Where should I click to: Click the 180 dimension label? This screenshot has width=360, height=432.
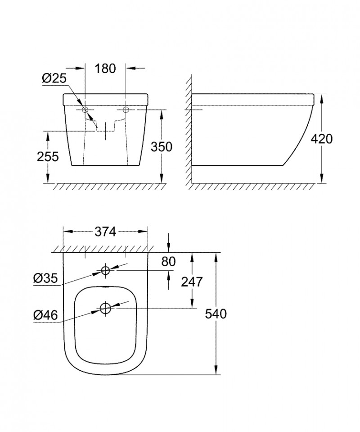(x=106, y=68)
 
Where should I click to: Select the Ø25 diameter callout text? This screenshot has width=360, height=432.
(x=54, y=78)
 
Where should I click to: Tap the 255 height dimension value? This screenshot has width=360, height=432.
(x=48, y=156)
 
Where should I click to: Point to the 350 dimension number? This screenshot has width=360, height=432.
(x=162, y=147)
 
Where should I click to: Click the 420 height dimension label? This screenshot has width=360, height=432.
(x=322, y=139)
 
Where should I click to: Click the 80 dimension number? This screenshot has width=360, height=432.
(x=168, y=261)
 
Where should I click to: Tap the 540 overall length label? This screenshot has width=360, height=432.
(x=216, y=314)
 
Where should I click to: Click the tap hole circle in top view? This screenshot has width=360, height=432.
(x=105, y=270)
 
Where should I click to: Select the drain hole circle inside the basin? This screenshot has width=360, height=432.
(x=105, y=309)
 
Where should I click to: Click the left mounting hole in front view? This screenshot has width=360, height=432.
(x=85, y=109)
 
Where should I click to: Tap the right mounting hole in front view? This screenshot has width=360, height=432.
(x=126, y=109)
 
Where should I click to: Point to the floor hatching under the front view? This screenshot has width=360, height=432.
(x=103, y=187)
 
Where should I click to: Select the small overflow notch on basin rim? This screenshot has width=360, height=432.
(x=105, y=287)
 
